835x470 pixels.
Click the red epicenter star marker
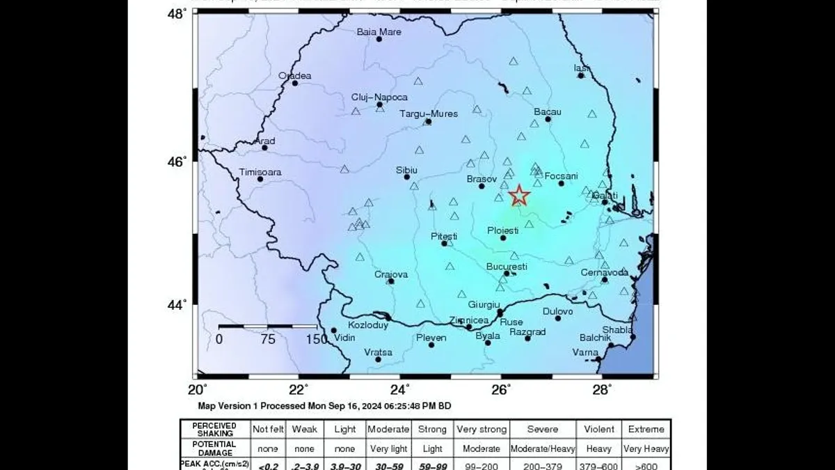[x=519, y=196]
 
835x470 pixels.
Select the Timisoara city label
[x=260, y=171]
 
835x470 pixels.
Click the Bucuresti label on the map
[x=507, y=267]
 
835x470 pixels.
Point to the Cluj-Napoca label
[x=379, y=97]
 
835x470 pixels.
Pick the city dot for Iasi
[x=581, y=75]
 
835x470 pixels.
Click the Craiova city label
[x=391, y=274]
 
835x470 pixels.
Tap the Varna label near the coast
[x=585, y=352]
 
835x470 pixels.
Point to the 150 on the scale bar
[x=317, y=339]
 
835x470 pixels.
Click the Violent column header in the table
[x=599, y=429]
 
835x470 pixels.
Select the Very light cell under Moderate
[x=388, y=448]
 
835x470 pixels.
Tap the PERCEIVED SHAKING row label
[x=214, y=429]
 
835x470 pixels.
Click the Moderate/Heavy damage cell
[x=543, y=448]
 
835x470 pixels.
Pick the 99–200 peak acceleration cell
[x=482, y=466]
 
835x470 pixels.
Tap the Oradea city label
[x=295, y=76]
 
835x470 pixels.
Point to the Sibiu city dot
[x=407, y=177]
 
